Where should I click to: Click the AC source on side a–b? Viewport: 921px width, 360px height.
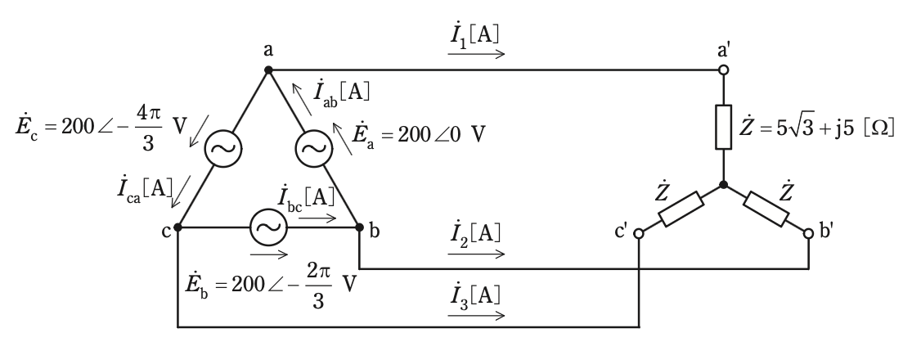pyautogui.click(x=314, y=149)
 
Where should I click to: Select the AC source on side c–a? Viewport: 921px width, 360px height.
pyautogui.click(x=223, y=149)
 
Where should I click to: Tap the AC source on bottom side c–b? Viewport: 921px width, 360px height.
pyautogui.click(x=269, y=227)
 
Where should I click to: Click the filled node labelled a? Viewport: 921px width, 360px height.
pyautogui.click(x=268, y=70)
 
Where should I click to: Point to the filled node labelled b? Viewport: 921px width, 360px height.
pyautogui.click(x=359, y=227)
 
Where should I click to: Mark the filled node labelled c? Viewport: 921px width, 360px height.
pyautogui.click(x=178, y=227)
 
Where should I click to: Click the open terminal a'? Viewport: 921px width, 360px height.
pyautogui.click(x=724, y=70)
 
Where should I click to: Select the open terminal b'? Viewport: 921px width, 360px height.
pyautogui.click(x=808, y=234)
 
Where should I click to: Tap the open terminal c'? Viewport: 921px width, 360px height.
pyautogui.click(x=639, y=234)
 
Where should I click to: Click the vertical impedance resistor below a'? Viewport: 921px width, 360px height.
pyautogui.click(x=724, y=127)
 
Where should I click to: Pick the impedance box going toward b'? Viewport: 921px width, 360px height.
pyautogui.click(x=766, y=209)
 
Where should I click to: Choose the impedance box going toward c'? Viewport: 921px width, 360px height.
pyautogui.click(x=681, y=209)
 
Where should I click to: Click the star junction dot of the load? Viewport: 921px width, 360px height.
pyautogui.click(x=724, y=184)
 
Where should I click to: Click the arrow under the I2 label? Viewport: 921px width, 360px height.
pyautogui.click(x=476, y=254)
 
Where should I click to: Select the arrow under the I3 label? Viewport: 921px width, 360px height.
pyautogui.click(x=476, y=315)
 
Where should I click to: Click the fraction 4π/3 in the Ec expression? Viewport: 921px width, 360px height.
pyautogui.click(x=147, y=128)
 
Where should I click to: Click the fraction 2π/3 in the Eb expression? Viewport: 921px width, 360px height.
pyautogui.click(x=317, y=285)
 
